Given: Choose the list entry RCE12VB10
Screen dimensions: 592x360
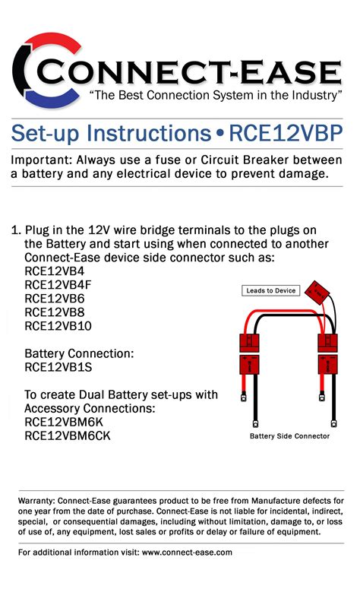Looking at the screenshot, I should tap(58, 326).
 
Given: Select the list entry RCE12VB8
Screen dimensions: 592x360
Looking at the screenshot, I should tap(55, 312).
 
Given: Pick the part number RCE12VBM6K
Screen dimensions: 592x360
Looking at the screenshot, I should tap(65, 423).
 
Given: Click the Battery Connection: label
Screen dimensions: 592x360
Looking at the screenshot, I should tap(79, 354).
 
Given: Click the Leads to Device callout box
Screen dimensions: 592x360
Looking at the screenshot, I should tap(271, 290).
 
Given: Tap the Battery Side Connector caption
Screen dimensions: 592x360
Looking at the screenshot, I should tap(289, 436).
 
